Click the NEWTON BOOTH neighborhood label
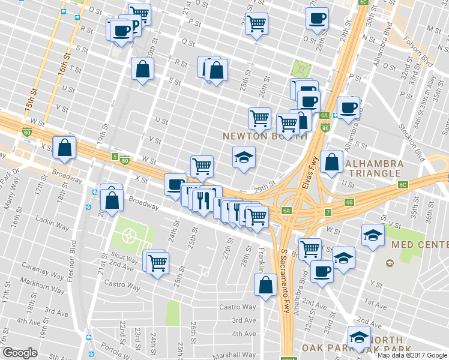pyautogui.click(x=264, y=136)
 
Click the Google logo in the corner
pyautogui.click(x=20, y=352)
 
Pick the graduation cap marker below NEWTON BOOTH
pyautogui.click(x=243, y=158)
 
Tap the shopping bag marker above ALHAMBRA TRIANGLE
pyautogui.click(x=331, y=162)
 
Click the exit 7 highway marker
pyautogui.click(x=328, y=213)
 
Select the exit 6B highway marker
pyautogui.click(x=349, y=202)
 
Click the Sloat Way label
pyautogui.click(x=126, y=257)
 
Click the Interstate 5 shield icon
pyautogui.click(x=115, y=157)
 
